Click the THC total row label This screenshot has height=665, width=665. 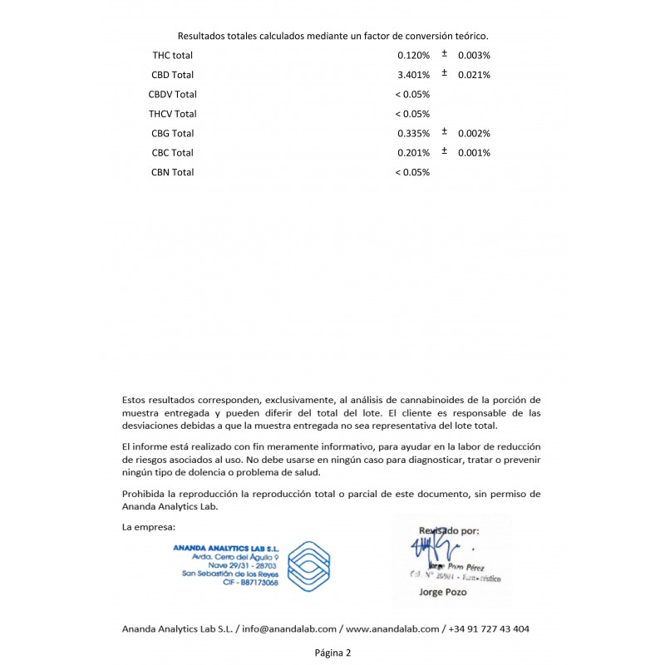click(x=172, y=56)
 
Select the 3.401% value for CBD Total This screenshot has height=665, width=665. click(x=413, y=75)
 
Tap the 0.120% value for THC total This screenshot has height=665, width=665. click(x=413, y=56)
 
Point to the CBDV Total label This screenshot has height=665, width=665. click(x=172, y=94)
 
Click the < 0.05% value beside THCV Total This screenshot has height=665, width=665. click(x=411, y=114)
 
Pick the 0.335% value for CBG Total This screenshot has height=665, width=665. click(x=413, y=133)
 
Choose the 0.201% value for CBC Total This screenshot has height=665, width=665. click(x=413, y=153)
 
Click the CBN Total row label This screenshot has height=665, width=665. click(x=172, y=172)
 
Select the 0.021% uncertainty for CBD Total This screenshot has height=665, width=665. click(x=474, y=75)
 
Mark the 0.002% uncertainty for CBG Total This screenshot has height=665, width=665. click(x=474, y=133)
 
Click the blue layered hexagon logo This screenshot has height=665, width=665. click(x=308, y=565)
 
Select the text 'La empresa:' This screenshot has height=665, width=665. click(x=148, y=527)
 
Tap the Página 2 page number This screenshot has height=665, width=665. click(x=332, y=653)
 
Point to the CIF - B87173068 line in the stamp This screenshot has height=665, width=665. click(x=251, y=583)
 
